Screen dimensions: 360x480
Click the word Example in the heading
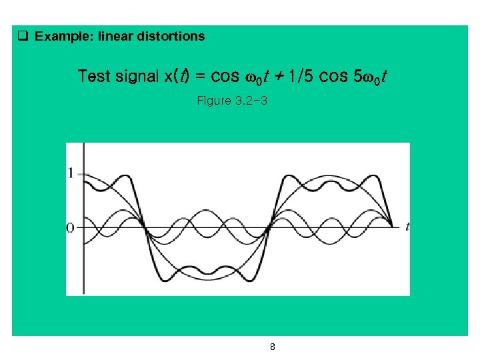point(64,37)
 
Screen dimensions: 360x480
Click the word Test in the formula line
point(94,76)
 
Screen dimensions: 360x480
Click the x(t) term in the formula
point(177,76)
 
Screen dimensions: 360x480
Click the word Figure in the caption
point(213,101)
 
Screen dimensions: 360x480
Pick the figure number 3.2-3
point(251,101)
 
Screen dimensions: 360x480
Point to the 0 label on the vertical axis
point(71,228)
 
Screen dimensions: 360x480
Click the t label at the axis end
point(407,227)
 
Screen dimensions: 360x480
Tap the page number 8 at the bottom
point(273,347)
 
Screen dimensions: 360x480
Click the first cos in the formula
point(225,76)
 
